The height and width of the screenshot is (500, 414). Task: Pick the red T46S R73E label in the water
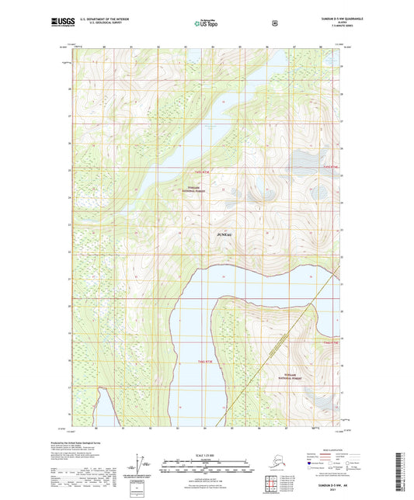point(204,362)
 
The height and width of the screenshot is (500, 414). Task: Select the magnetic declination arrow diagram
point(140,464)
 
